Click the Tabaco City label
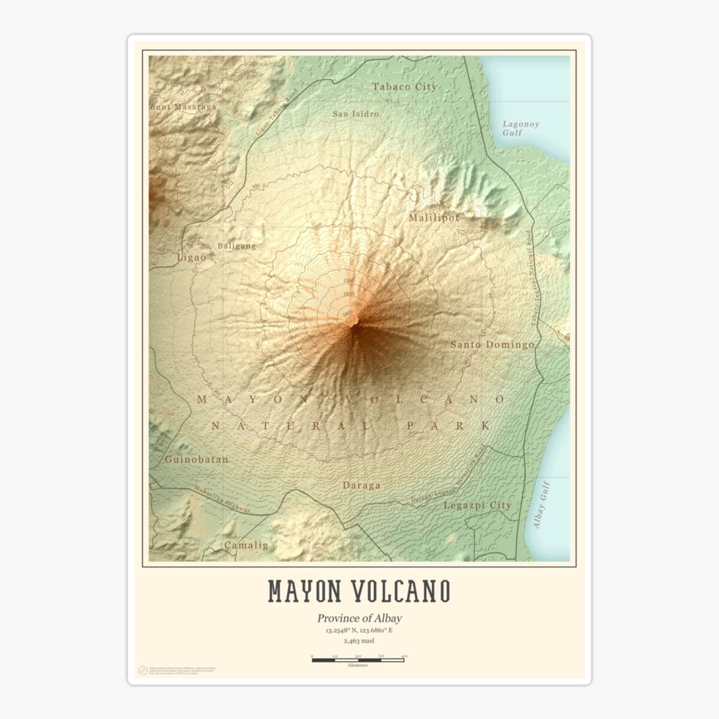pos(404,87)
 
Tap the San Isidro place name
pos(356,113)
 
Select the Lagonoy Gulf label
pos(521,128)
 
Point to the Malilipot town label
pos(433,218)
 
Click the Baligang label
pos(237,246)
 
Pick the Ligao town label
pos(191,257)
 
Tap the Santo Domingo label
pos(492,345)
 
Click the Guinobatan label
pos(197,460)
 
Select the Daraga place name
pos(361,485)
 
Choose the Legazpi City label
pos(478,505)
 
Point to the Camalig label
pos(246,545)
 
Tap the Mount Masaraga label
pos(183,107)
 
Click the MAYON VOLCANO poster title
pos(359,591)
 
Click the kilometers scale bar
pos(358,660)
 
